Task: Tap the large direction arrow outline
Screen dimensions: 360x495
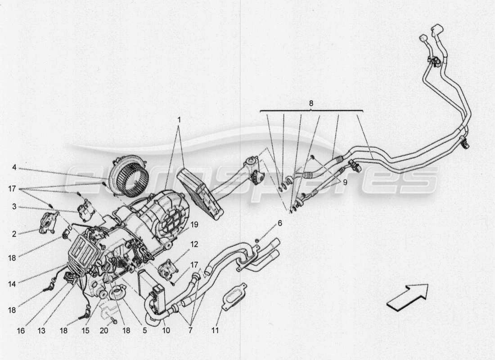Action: pos(408,297)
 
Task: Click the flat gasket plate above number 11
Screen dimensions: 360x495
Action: pos(234,297)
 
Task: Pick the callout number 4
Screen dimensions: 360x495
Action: pos(14,167)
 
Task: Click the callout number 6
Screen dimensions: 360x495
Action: pos(279,223)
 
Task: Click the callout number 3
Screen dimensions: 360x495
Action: pos(14,207)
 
